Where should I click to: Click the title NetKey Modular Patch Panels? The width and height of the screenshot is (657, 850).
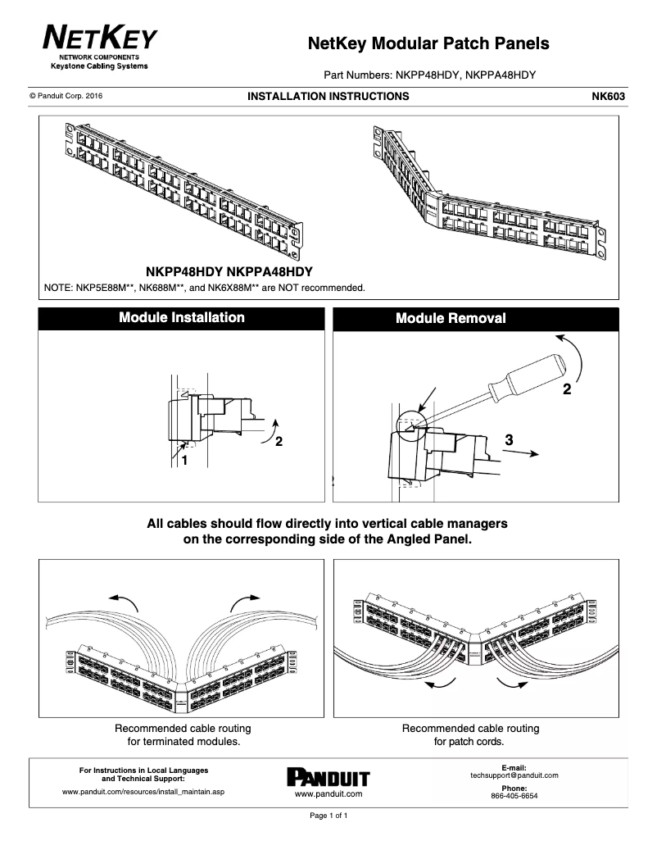pyautogui.click(x=428, y=43)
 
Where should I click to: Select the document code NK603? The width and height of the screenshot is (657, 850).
pyautogui.click(x=608, y=97)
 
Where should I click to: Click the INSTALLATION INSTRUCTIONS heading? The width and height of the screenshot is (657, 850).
pyautogui.click(x=328, y=97)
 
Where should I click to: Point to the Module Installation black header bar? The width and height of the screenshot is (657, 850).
pyautogui.click(x=182, y=318)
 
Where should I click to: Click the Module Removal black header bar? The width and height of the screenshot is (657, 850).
pyautogui.click(x=476, y=318)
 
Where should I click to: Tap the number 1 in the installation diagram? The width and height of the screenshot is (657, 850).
pyautogui.click(x=184, y=461)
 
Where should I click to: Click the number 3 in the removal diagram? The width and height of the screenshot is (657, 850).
pyautogui.click(x=510, y=440)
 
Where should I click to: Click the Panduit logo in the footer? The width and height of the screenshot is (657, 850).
pyautogui.click(x=328, y=778)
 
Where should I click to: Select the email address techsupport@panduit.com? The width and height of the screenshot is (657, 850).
pyautogui.click(x=514, y=775)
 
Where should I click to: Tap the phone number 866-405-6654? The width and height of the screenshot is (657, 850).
pyautogui.click(x=514, y=796)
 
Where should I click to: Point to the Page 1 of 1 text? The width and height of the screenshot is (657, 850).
pyautogui.click(x=328, y=816)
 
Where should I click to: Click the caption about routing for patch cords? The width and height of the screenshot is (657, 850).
pyautogui.click(x=470, y=735)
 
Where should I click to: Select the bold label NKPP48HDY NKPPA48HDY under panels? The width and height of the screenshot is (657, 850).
pyautogui.click(x=229, y=271)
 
